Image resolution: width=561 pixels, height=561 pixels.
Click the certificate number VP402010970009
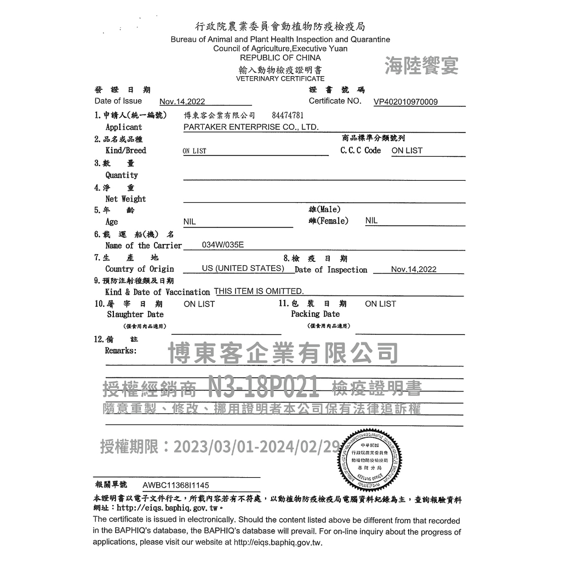click(x=405, y=102)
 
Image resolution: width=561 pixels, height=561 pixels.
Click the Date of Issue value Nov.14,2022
click(x=182, y=102)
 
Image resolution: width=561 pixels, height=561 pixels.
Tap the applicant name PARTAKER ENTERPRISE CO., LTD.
click(x=251, y=127)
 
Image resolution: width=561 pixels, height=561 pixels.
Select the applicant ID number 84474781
click(x=288, y=116)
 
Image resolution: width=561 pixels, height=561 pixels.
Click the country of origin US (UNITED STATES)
click(x=243, y=268)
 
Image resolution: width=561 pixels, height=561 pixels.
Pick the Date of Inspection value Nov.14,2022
click(x=414, y=270)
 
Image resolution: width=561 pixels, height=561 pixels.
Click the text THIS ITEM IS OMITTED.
click(x=259, y=291)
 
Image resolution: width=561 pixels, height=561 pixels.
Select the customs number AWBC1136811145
click(x=175, y=485)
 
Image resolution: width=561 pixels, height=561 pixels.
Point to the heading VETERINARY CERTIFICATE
click(x=280, y=78)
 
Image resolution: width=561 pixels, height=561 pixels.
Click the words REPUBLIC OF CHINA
click(x=280, y=58)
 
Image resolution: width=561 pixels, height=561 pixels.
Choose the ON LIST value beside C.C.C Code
click(x=407, y=151)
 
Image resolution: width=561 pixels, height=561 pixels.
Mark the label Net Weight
click(x=125, y=199)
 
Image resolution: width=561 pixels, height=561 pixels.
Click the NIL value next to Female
click(x=371, y=221)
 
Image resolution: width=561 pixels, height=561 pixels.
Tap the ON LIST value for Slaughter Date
click(x=199, y=304)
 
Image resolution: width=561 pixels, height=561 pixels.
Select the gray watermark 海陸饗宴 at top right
click(x=421, y=66)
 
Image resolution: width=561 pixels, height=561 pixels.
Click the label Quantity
click(x=122, y=175)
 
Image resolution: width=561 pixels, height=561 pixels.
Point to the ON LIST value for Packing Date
click(x=380, y=304)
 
